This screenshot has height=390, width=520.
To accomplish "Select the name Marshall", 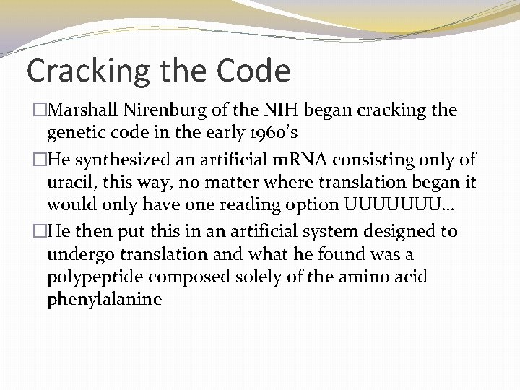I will [80, 111].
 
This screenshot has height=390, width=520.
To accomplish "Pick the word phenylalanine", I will [104, 298].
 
